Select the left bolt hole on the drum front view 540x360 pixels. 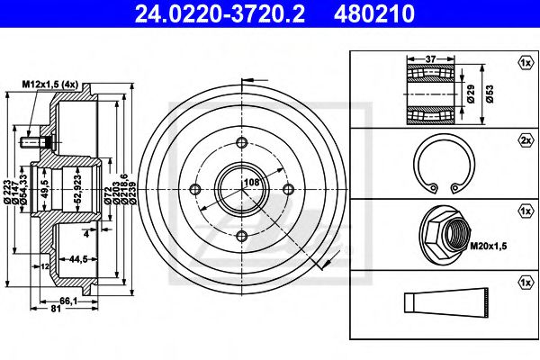[195, 189]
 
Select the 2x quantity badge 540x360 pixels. [525, 142]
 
